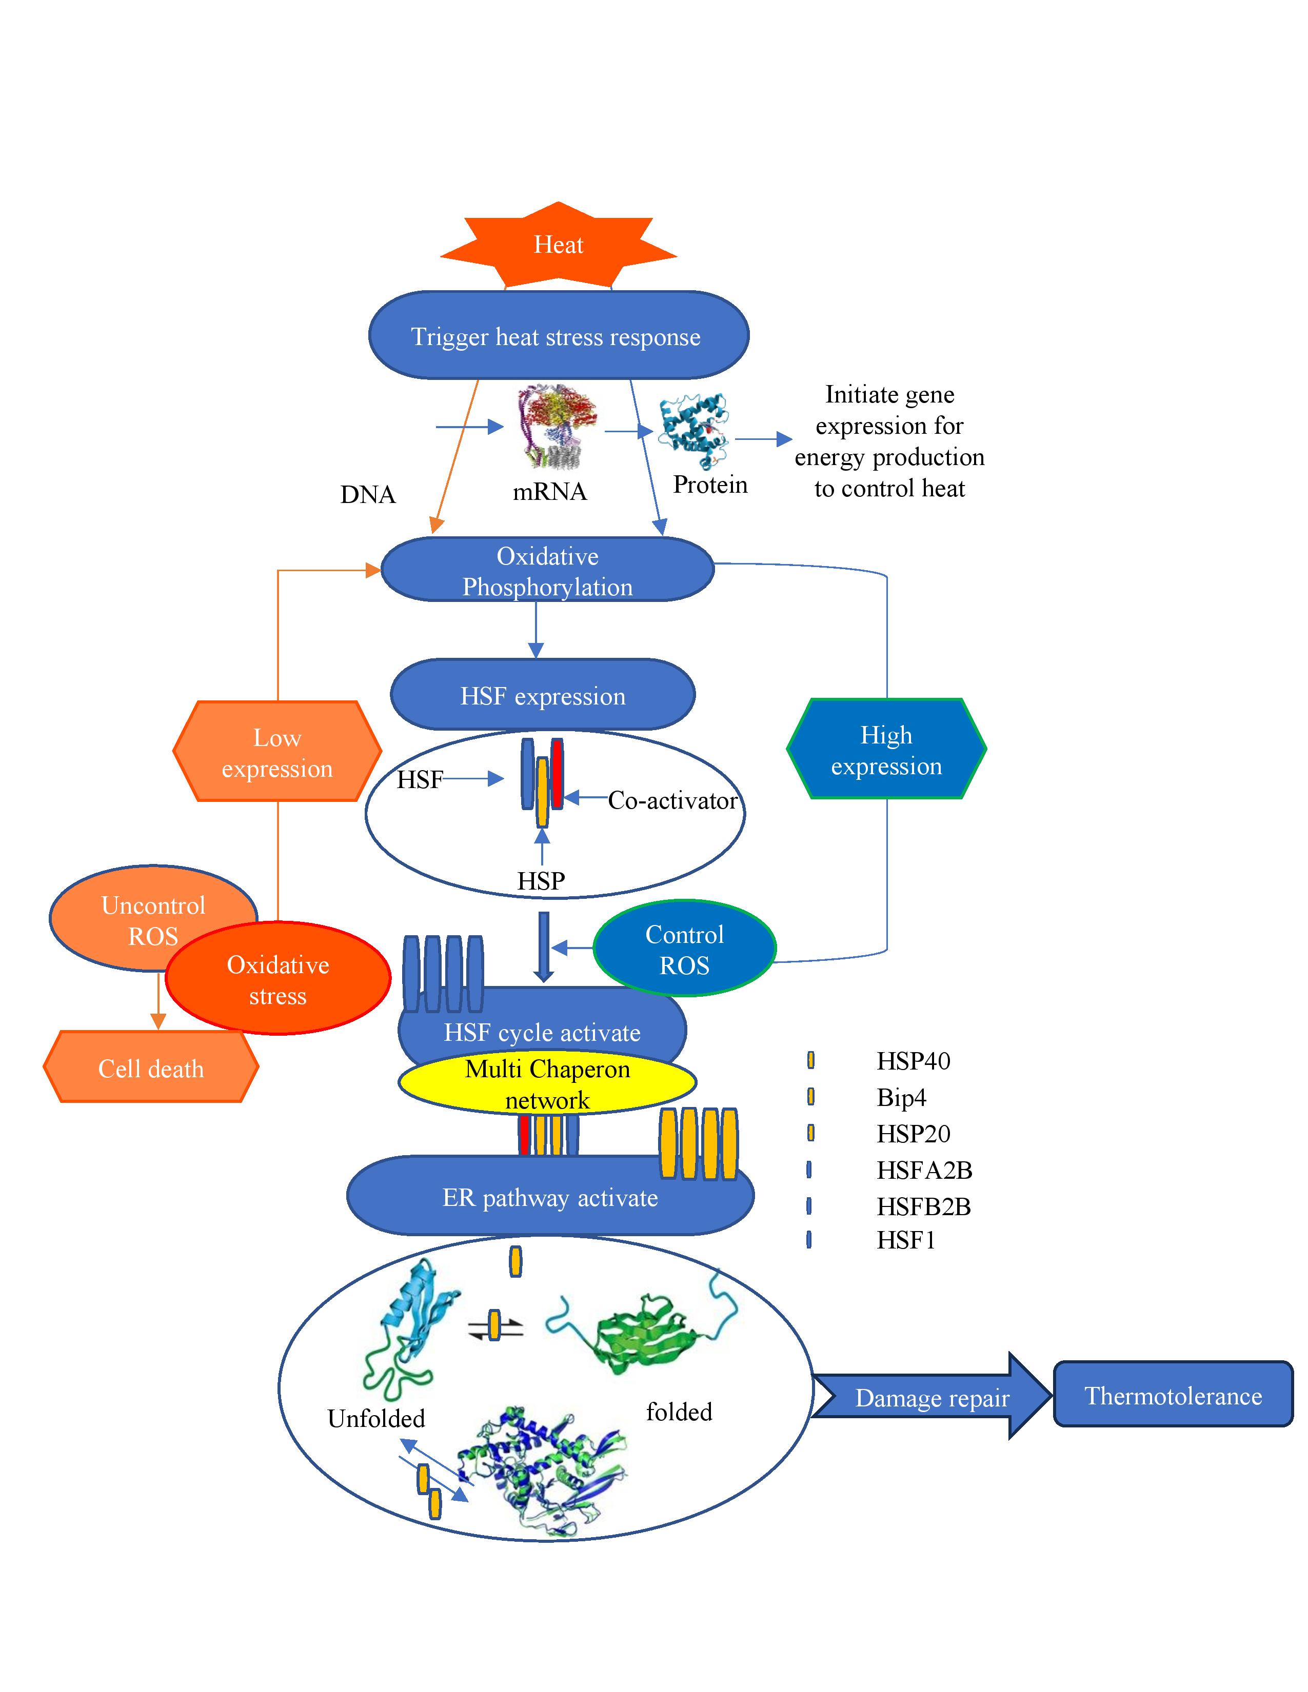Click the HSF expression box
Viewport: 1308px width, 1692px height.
coord(542,695)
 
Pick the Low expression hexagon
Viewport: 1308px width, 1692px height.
coord(276,752)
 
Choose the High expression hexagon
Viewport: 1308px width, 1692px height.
coord(886,749)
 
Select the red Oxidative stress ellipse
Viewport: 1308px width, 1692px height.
coord(278,979)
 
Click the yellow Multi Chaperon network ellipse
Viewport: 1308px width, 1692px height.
coord(547,1083)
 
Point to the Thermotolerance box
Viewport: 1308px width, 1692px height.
coord(1173,1395)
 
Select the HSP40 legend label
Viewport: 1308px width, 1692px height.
coord(913,1061)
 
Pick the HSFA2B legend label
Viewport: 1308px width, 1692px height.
coord(924,1170)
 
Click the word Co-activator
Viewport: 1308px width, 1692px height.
coord(672,800)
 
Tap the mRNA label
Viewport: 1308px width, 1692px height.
coord(549,491)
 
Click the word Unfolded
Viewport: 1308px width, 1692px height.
coord(376,1418)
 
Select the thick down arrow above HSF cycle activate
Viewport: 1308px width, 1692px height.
coord(543,945)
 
